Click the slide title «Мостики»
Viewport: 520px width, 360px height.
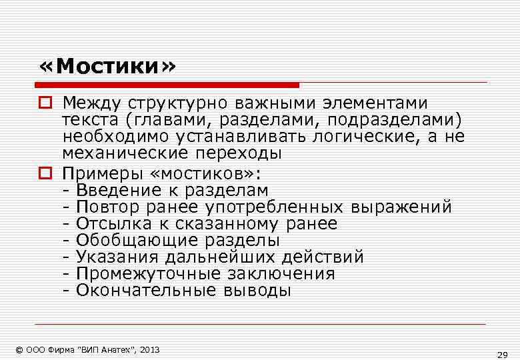tap(108, 67)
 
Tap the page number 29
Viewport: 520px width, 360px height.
tap(503, 354)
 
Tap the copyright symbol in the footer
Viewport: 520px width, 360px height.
tap(21, 349)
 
